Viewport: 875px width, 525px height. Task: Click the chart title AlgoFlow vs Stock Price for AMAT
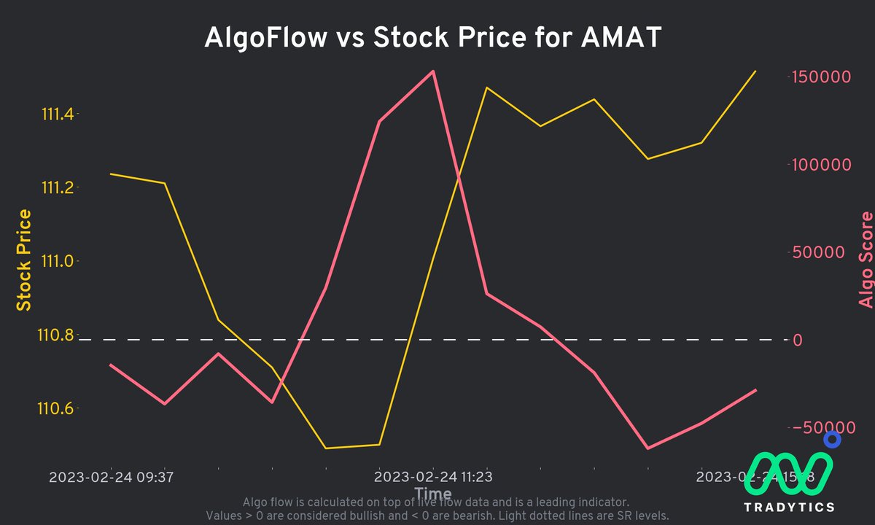[432, 38]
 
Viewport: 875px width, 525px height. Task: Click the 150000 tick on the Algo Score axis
[822, 77]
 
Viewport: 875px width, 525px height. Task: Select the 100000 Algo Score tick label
[822, 165]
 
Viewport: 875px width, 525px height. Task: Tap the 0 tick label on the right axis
[797, 340]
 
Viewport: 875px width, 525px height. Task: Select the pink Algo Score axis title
[865, 260]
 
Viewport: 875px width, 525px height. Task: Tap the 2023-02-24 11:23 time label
[433, 478]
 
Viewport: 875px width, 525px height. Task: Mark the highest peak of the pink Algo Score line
[434, 71]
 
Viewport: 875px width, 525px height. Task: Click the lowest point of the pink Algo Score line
[647, 448]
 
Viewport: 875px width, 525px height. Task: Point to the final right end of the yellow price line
[755, 71]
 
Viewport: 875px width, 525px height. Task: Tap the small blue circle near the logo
[832, 440]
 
